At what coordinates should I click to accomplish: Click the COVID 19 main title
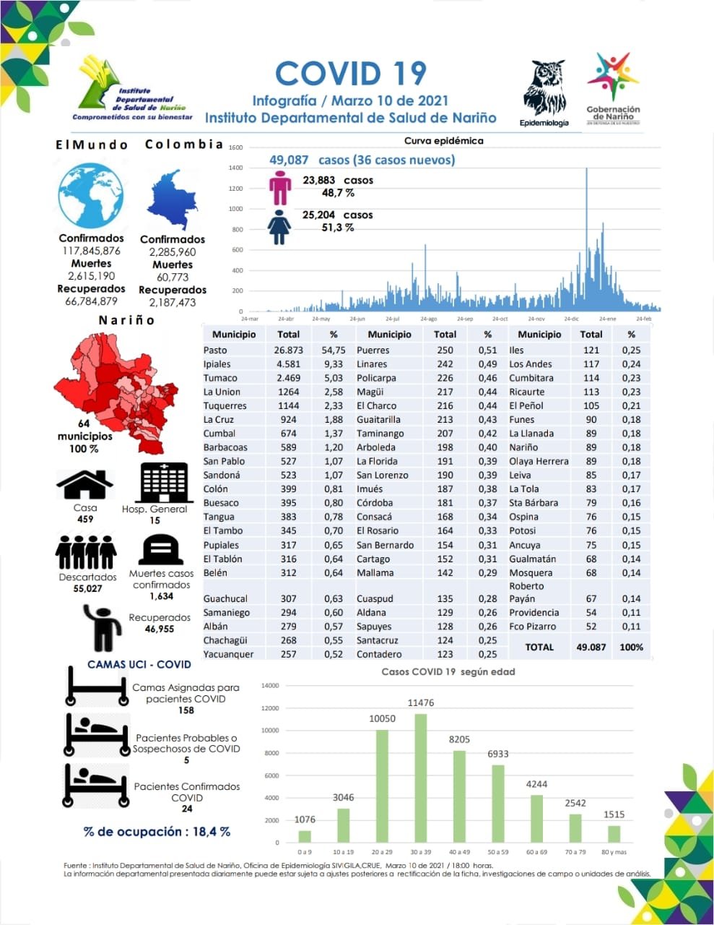[351, 74]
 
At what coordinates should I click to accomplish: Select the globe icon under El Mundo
[91, 197]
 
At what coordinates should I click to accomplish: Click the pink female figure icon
[279, 188]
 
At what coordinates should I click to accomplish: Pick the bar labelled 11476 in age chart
[420, 778]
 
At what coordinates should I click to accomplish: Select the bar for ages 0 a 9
[305, 836]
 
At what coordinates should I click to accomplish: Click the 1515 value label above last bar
[614, 814]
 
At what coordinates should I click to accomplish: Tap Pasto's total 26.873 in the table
[288, 350]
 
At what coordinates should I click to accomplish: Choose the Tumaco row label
[220, 378]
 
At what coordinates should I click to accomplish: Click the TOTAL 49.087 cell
[591, 647]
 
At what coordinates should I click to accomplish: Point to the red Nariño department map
[116, 390]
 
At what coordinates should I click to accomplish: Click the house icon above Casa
[84, 485]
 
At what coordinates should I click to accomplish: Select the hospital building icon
[163, 482]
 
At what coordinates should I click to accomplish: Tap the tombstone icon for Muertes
[160, 551]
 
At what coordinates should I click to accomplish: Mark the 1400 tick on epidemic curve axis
[235, 168]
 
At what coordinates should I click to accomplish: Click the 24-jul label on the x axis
[392, 319]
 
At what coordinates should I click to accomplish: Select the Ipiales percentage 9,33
[334, 364]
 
